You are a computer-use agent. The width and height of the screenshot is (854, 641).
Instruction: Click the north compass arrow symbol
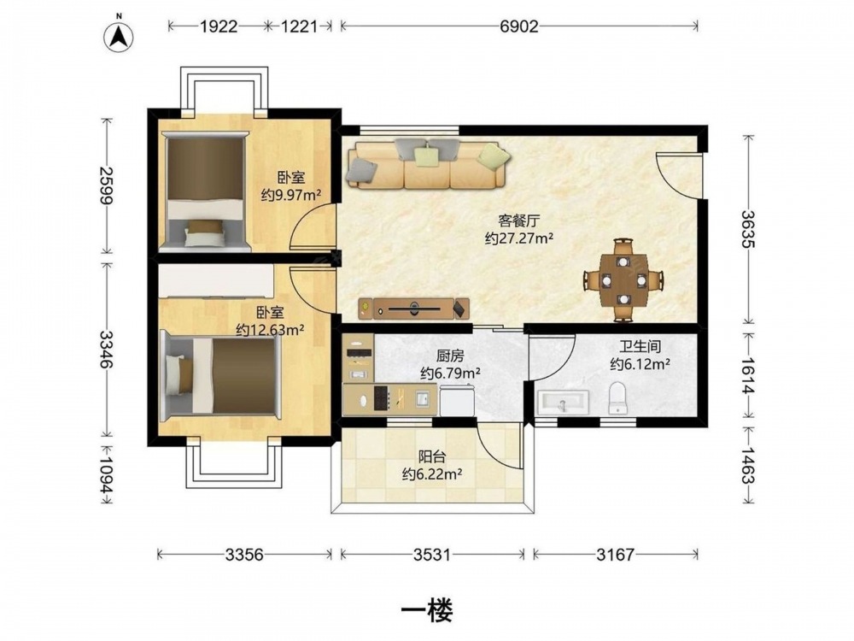point(120,35)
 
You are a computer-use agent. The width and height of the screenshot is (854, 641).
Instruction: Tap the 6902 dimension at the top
point(519,26)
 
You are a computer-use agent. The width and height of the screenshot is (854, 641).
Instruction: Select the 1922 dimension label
point(219,26)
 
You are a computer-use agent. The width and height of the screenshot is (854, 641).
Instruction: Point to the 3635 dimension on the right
point(748,229)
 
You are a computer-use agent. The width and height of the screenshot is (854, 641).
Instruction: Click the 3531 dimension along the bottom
point(432,555)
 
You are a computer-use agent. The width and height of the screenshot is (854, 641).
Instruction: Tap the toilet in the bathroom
point(618,398)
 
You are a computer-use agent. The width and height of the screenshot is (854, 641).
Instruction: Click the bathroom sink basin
point(562,403)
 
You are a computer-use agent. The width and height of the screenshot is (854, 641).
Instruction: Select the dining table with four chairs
point(623,279)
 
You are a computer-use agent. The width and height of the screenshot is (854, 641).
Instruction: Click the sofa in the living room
point(428,164)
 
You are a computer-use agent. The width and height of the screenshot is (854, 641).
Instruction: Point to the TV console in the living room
point(414,309)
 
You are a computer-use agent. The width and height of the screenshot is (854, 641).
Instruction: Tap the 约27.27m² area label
point(519,238)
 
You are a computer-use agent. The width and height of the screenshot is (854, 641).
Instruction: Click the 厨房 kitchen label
point(450,356)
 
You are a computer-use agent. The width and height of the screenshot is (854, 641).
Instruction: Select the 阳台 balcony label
point(432,456)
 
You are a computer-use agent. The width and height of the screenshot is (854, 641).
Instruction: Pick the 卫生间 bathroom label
point(640,346)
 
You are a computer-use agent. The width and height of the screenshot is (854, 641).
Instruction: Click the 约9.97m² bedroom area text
point(291,194)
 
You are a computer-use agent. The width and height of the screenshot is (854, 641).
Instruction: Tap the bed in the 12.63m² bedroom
point(222,375)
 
